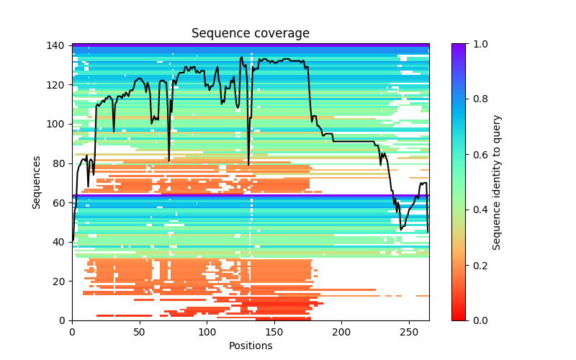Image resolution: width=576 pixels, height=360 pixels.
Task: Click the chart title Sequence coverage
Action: (x=251, y=34)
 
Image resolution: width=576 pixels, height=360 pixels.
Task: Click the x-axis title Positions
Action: (x=251, y=346)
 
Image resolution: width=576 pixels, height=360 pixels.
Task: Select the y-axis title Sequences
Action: (x=37, y=182)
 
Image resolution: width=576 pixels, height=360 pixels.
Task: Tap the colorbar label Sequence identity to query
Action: (x=497, y=182)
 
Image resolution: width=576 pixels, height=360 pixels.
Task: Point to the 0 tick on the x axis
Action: (x=72, y=331)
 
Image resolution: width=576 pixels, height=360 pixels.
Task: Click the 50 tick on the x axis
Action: (x=140, y=331)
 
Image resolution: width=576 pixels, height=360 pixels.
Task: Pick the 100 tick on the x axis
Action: (x=207, y=331)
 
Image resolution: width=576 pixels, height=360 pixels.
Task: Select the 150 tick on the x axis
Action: (x=274, y=331)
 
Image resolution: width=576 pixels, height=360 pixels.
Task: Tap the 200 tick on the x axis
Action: (x=342, y=331)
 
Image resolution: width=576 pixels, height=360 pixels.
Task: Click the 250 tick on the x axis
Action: (x=409, y=331)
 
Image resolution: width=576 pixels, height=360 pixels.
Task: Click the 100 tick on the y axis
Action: (x=58, y=124)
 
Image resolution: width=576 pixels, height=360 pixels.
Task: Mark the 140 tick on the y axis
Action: (x=58, y=45)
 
